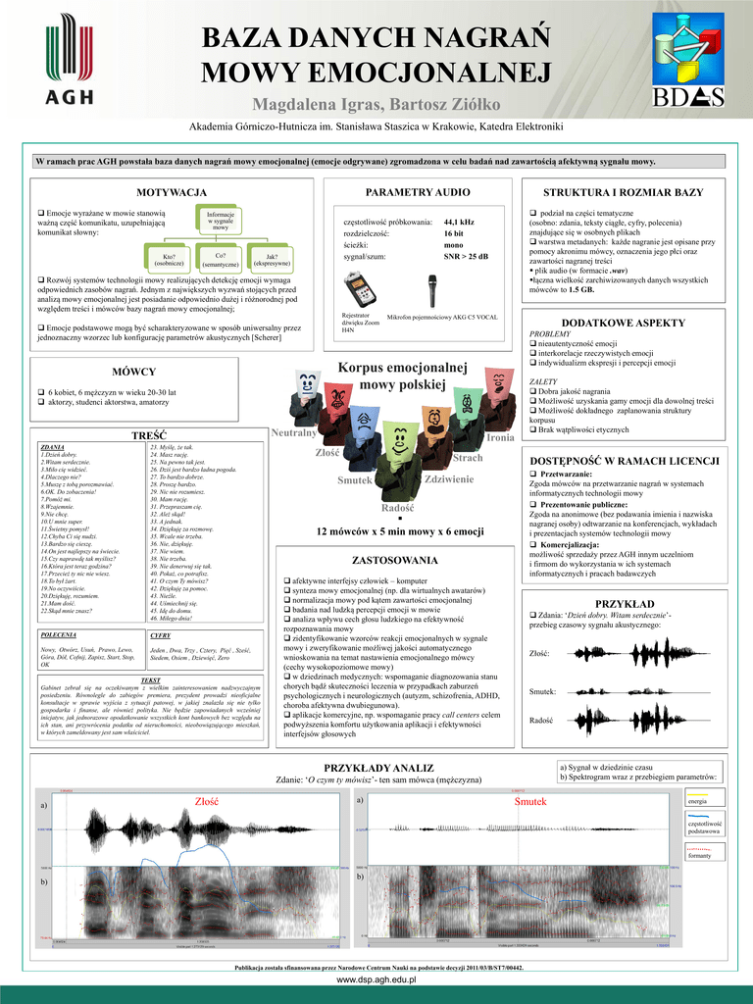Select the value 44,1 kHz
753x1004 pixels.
[x=459, y=222]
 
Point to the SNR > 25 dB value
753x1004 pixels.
[x=466, y=256]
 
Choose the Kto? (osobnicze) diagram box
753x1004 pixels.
[x=169, y=259]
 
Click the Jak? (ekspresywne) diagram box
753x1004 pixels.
[x=271, y=259]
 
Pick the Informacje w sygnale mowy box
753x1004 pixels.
[x=220, y=221]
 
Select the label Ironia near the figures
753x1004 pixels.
[x=500, y=437]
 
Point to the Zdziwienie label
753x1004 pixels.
[x=449, y=478]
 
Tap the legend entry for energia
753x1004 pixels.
[x=699, y=801]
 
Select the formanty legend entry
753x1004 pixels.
[x=699, y=854]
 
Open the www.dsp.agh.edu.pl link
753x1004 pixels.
[x=376, y=979]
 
